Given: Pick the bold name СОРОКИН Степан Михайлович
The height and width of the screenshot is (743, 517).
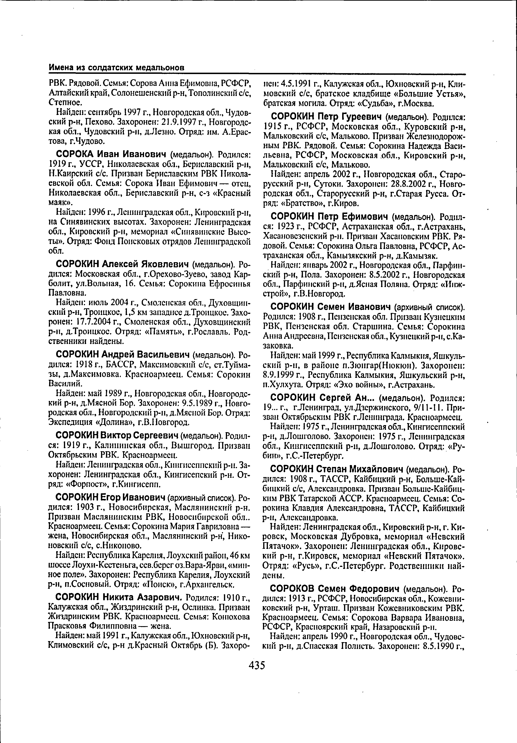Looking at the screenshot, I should pyautogui.click(x=337, y=469).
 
